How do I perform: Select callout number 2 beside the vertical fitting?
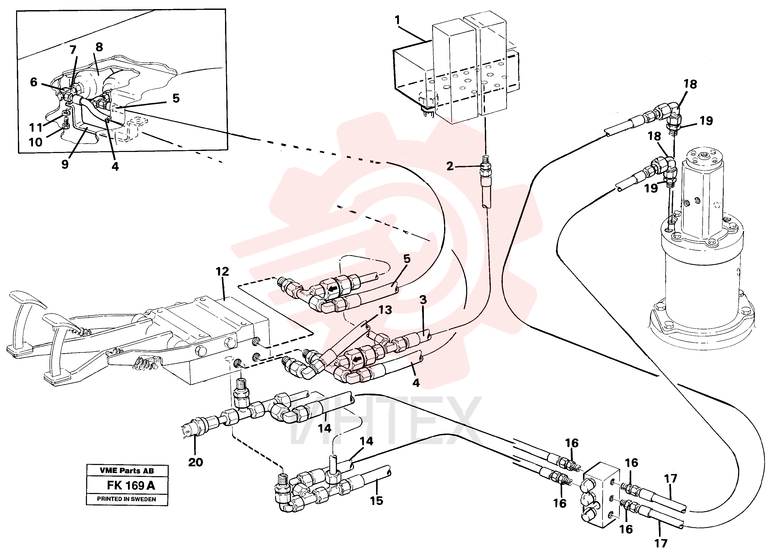pos(450,166)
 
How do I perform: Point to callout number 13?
pos(385,310)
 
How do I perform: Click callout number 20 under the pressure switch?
pos(195,462)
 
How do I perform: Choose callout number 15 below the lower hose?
pos(376,501)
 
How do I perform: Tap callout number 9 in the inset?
pos(65,164)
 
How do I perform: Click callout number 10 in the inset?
pos(36,142)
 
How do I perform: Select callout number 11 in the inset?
pos(36,128)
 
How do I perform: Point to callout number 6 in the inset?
pos(33,82)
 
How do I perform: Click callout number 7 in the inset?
pos(73,50)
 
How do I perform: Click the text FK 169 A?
pos(131,485)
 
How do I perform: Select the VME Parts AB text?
pos(127,471)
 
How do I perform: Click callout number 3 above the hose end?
pos(423,300)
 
